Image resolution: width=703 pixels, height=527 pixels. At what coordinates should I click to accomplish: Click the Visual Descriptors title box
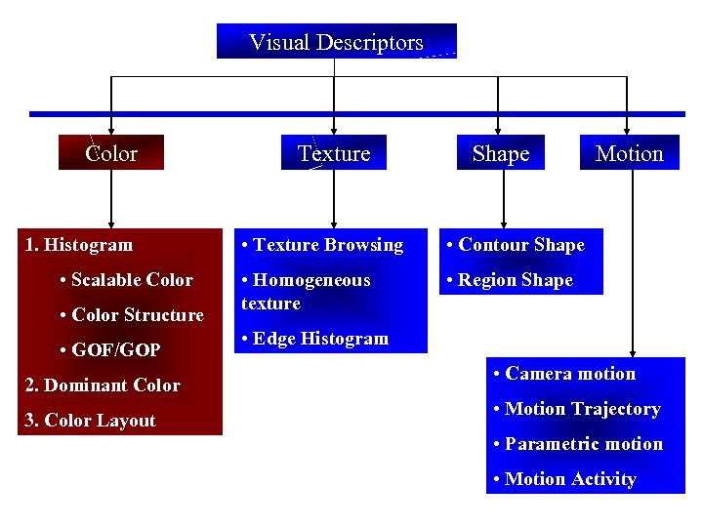336,42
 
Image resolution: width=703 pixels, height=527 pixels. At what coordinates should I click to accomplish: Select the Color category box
111,153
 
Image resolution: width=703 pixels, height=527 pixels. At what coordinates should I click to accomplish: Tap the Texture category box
334,153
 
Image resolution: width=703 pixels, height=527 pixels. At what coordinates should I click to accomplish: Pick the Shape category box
500,153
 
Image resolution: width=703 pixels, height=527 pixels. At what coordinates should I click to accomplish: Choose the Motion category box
629,153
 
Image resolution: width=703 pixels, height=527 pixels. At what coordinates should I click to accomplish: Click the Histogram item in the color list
79,245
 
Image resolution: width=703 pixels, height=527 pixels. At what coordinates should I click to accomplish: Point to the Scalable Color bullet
126,280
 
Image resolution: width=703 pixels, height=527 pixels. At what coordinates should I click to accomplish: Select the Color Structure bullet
132,315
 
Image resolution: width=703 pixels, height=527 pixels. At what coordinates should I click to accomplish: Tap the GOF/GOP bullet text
110,350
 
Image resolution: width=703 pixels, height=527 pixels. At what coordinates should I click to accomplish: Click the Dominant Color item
103,385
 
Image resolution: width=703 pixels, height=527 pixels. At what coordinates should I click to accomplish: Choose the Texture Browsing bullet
322,245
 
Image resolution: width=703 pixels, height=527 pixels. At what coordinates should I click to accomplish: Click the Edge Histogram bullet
314,339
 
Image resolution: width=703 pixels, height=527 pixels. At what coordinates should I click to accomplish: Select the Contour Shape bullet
516,245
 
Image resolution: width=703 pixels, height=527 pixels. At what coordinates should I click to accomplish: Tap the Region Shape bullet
510,280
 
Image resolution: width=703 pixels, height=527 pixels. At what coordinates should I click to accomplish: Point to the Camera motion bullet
565,374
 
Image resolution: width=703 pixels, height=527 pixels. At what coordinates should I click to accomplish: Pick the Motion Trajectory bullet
577,409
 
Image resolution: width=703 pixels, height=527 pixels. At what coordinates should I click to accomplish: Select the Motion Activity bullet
565,479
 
